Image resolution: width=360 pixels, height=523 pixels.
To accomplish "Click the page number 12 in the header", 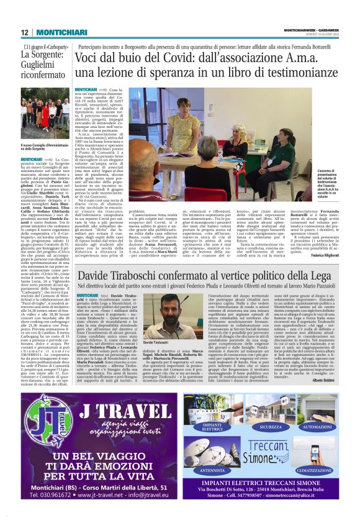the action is tap(24, 32).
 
